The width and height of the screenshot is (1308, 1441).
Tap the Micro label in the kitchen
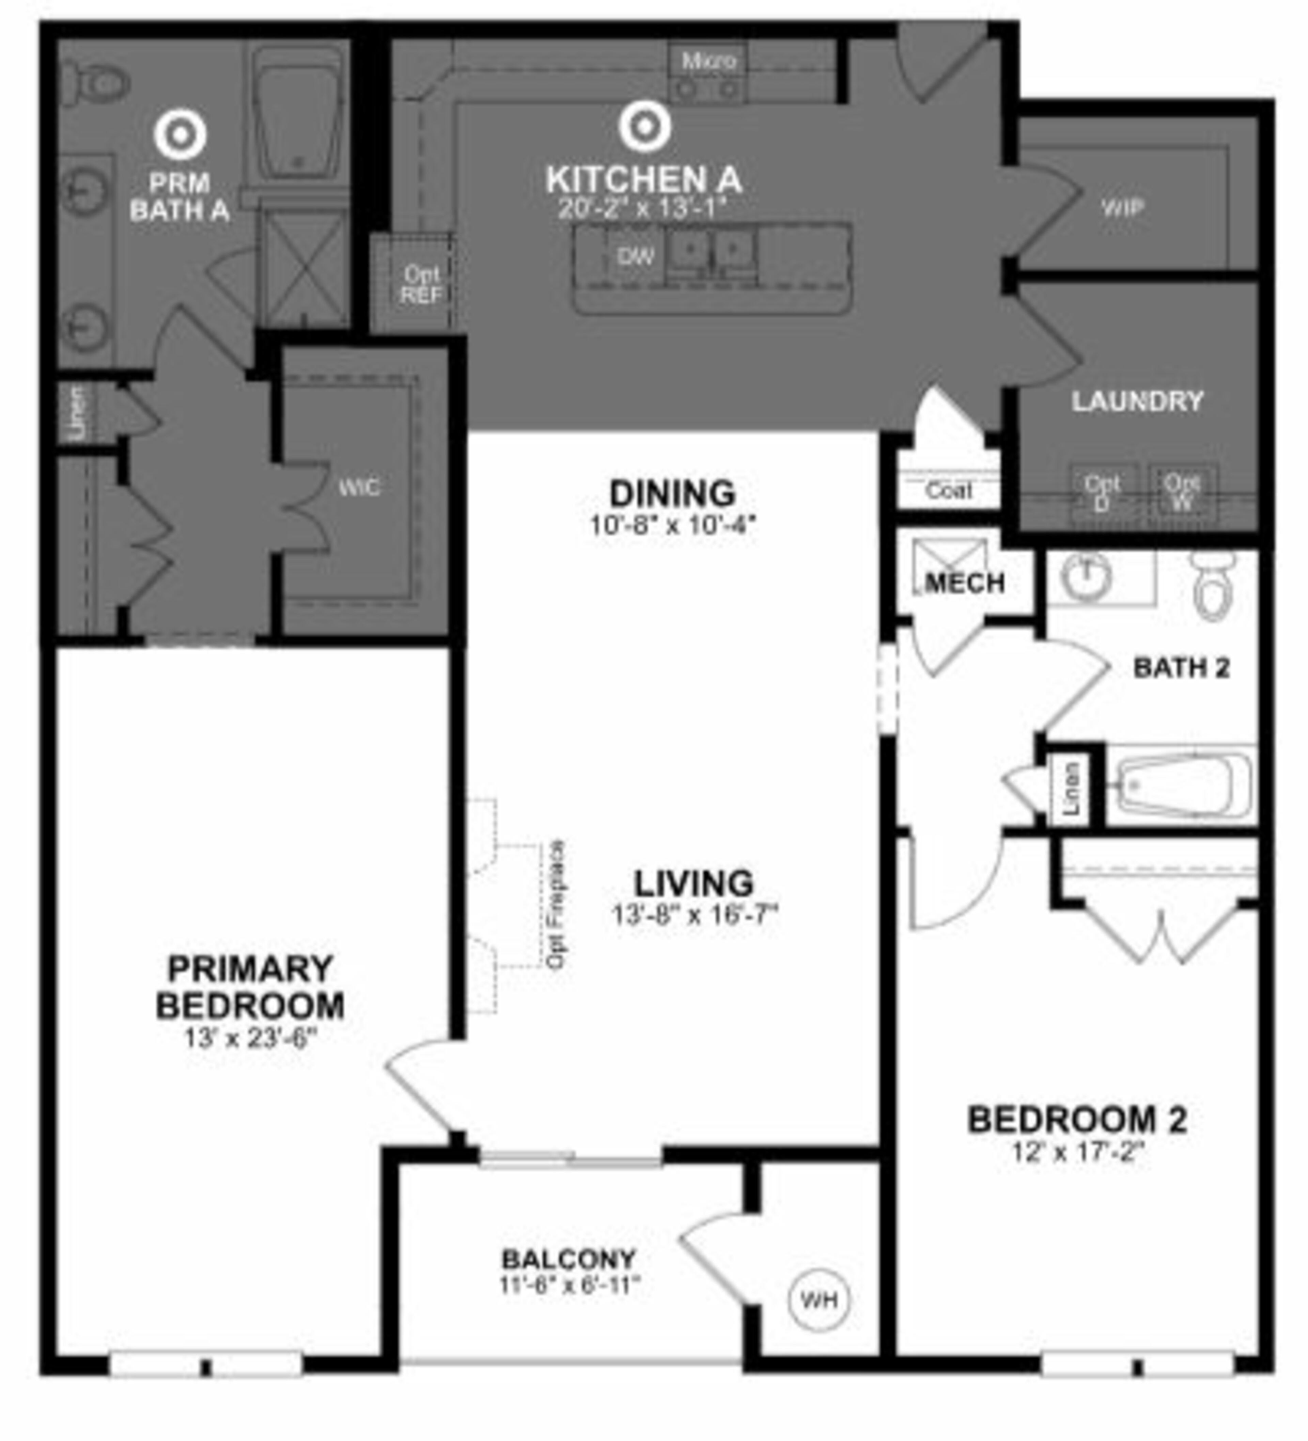[x=708, y=61]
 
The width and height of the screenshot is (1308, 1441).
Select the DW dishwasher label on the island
[x=635, y=256]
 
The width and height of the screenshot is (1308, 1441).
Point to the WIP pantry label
[x=1122, y=208]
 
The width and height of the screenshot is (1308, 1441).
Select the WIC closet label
[x=359, y=488]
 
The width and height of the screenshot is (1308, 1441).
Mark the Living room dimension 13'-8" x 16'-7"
[x=694, y=915]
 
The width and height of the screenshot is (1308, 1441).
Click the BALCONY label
[x=569, y=1258]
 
